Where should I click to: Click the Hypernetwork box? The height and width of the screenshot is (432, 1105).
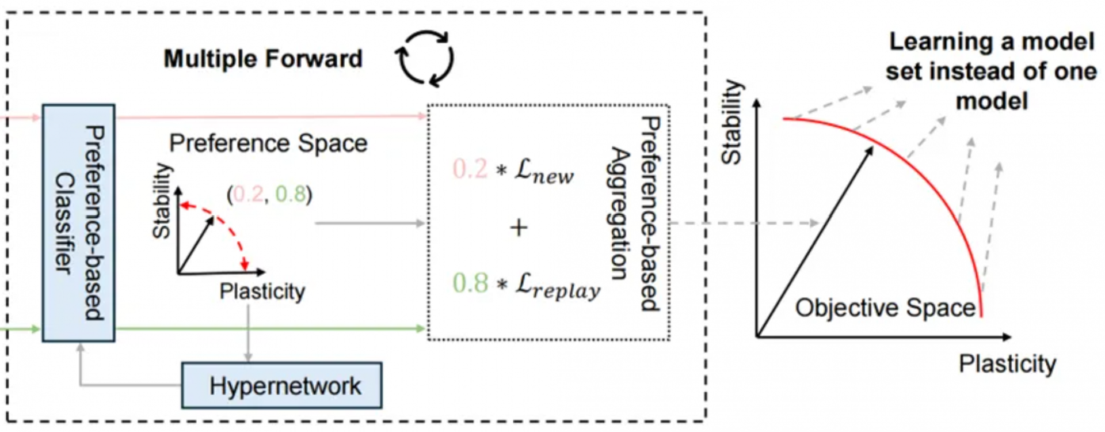(281, 385)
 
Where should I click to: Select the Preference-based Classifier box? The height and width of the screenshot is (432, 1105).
(78, 223)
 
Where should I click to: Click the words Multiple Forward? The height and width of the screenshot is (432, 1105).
(263, 59)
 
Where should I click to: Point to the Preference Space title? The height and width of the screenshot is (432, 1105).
(268, 143)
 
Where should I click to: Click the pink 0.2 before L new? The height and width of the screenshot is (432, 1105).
(470, 169)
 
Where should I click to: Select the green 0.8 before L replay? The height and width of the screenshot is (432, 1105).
(470, 283)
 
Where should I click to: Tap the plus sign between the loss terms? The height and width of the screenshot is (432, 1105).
(519, 228)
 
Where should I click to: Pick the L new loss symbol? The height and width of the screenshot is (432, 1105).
(544, 171)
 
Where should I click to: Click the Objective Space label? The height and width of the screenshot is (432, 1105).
(885, 308)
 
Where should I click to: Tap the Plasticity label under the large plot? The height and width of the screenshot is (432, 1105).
(1007, 364)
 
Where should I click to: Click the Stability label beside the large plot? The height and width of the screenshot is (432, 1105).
(732, 122)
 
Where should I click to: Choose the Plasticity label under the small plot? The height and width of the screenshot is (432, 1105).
(262, 291)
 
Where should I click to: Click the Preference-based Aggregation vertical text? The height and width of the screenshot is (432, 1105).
(635, 214)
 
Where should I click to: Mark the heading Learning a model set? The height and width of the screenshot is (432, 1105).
(991, 71)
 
